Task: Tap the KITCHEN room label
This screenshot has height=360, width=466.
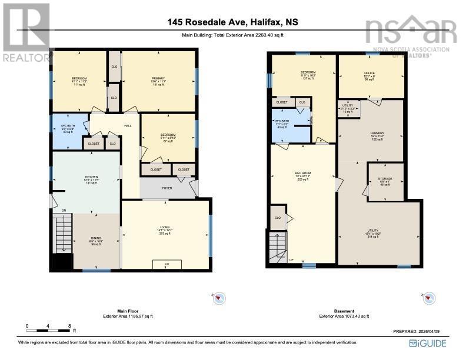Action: (85, 178)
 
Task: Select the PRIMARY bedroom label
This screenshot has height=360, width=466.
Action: (159, 78)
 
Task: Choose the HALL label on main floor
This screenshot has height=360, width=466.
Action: (128, 125)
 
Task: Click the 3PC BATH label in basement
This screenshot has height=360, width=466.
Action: (281, 123)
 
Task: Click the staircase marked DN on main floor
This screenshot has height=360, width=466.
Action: (62, 232)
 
